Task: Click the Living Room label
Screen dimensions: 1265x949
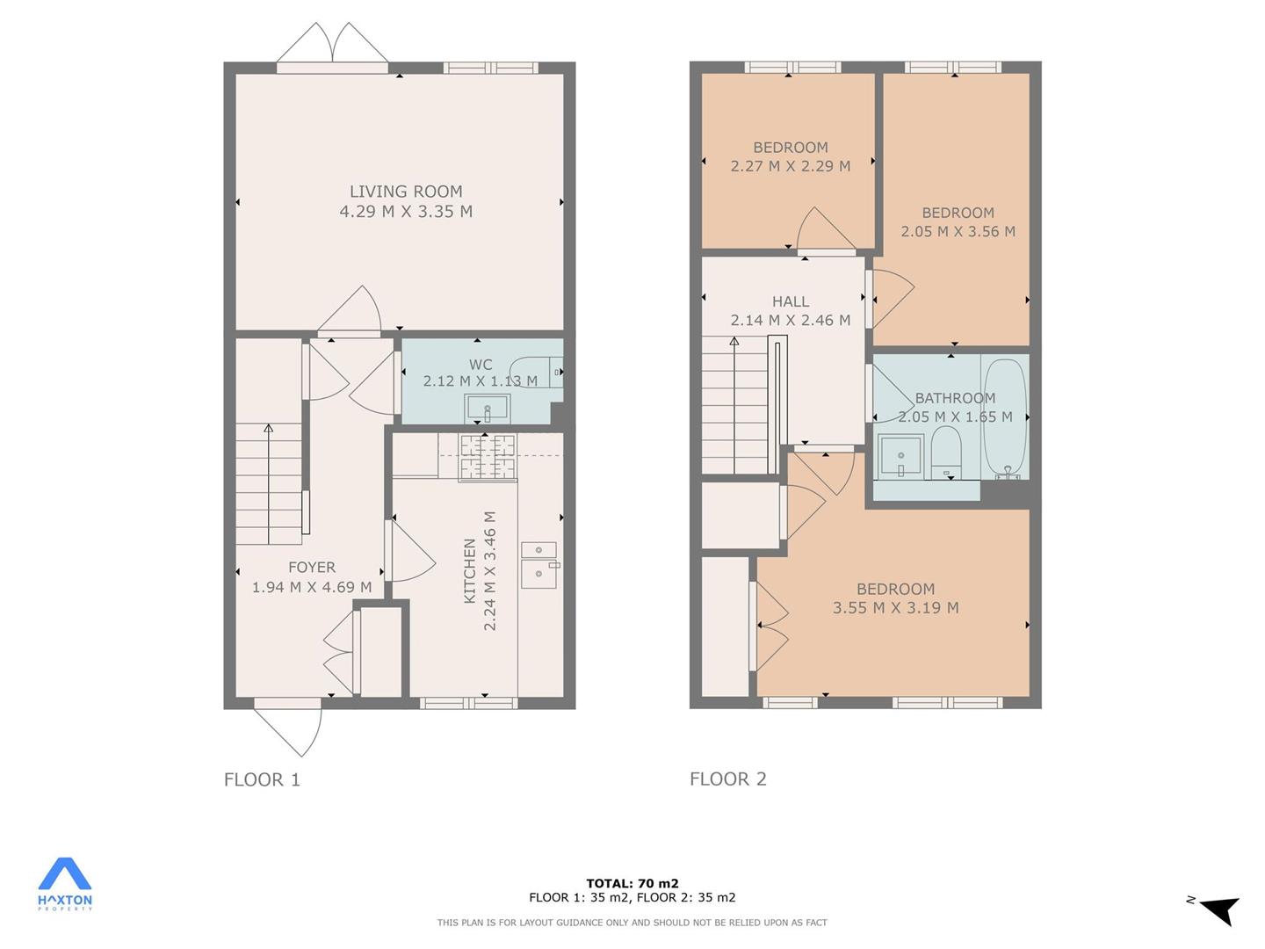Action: [x=406, y=192]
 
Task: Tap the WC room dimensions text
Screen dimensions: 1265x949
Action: [x=480, y=380]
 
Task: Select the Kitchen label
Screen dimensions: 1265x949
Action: [x=470, y=571]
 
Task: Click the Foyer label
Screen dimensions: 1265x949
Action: [x=311, y=567]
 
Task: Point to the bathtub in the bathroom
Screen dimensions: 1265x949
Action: [x=1005, y=420]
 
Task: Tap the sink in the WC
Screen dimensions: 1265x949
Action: [x=487, y=408]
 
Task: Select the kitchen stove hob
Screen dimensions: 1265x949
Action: [x=487, y=458]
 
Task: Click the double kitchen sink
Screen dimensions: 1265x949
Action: [x=539, y=565]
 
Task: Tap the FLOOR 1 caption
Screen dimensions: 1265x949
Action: [x=262, y=779]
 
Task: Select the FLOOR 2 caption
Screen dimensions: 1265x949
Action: [x=728, y=779]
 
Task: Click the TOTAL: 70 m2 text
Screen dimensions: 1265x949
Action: [x=632, y=883]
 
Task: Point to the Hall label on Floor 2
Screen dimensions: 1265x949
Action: [x=790, y=301]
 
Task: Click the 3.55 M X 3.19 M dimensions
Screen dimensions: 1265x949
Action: [x=895, y=607]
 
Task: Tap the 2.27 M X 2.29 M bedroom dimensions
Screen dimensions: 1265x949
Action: [x=790, y=166]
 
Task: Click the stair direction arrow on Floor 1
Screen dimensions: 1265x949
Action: [x=268, y=484]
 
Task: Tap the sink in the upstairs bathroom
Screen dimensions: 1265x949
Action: [x=900, y=457]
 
